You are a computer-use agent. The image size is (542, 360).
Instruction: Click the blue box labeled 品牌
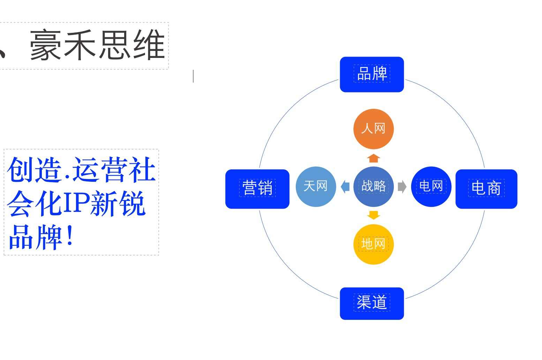(x=372, y=74)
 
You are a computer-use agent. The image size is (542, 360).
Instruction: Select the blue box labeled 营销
(x=257, y=189)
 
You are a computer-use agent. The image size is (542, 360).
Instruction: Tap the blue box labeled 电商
(x=486, y=189)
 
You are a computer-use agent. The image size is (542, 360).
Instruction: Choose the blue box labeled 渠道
(x=372, y=303)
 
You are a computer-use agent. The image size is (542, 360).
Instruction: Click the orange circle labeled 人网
(x=374, y=129)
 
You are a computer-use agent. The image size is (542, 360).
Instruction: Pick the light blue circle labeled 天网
(x=316, y=186)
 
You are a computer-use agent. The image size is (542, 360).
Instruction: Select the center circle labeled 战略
(x=374, y=186)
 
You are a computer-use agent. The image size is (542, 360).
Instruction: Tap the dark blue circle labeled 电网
(x=431, y=186)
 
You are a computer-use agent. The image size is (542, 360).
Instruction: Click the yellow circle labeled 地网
(x=374, y=244)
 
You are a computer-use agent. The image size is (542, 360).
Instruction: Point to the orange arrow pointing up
(x=374, y=158)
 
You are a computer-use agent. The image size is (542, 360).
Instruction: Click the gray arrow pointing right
(x=402, y=187)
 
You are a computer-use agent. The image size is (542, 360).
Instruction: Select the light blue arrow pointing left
(x=345, y=187)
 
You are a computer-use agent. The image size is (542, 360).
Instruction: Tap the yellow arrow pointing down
(x=374, y=215)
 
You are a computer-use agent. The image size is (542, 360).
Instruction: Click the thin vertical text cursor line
(x=193, y=76)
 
